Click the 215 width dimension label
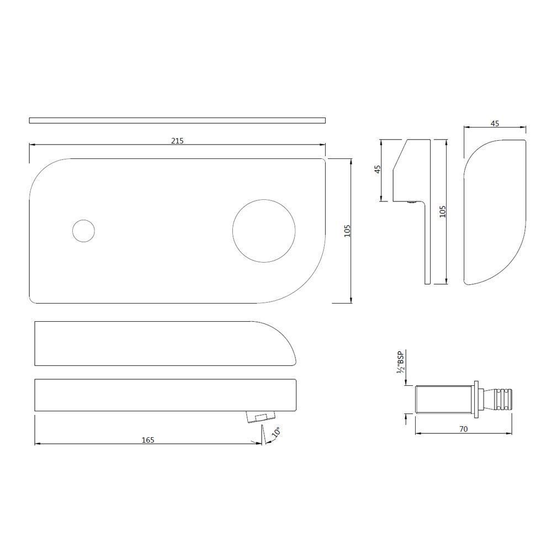(x=177, y=141)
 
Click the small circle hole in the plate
(x=83, y=231)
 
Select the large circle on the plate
(x=264, y=231)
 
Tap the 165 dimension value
(x=148, y=440)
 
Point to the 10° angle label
(x=277, y=432)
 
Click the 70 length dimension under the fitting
(x=463, y=429)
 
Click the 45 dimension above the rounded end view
(x=495, y=123)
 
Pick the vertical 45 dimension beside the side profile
(x=378, y=169)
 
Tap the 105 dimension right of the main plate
(x=347, y=231)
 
